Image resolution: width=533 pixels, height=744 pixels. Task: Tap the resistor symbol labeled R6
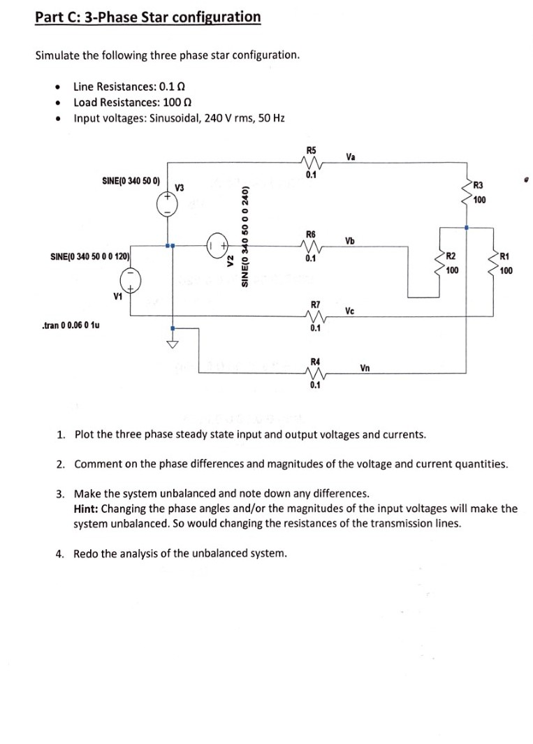coord(312,246)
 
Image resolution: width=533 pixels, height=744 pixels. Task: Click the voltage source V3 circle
coord(168,203)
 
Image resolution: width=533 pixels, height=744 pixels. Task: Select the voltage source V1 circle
coord(130,282)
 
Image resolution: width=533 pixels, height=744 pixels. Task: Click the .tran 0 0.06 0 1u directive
coord(71,326)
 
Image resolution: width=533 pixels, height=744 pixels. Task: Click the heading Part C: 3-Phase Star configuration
coord(148,17)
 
